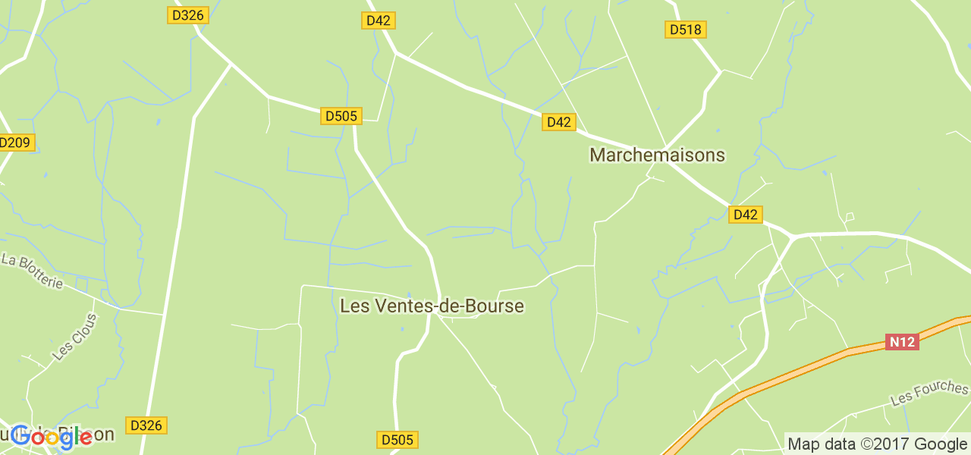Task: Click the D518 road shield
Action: [686, 30]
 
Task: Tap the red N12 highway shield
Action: [902, 342]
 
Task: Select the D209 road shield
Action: [15, 142]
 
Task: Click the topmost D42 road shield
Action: [378, 20]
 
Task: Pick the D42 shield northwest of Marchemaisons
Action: [559, 122]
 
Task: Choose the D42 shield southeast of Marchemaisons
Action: [745, 215]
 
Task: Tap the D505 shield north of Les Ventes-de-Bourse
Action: [341, 116]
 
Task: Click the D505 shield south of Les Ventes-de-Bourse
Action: [398, 440]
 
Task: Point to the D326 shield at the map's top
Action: [187, 14]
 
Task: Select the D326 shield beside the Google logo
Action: [146, 425]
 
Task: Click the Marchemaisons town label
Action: [657, 155]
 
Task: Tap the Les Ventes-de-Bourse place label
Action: [432, 306]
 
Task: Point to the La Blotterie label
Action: [32, 270]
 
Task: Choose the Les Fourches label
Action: [929, 393]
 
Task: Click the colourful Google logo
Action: [51, 437]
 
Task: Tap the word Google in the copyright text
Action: [940, 444]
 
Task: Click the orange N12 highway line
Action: [797, 372]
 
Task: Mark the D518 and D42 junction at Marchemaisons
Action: [665, 147]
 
